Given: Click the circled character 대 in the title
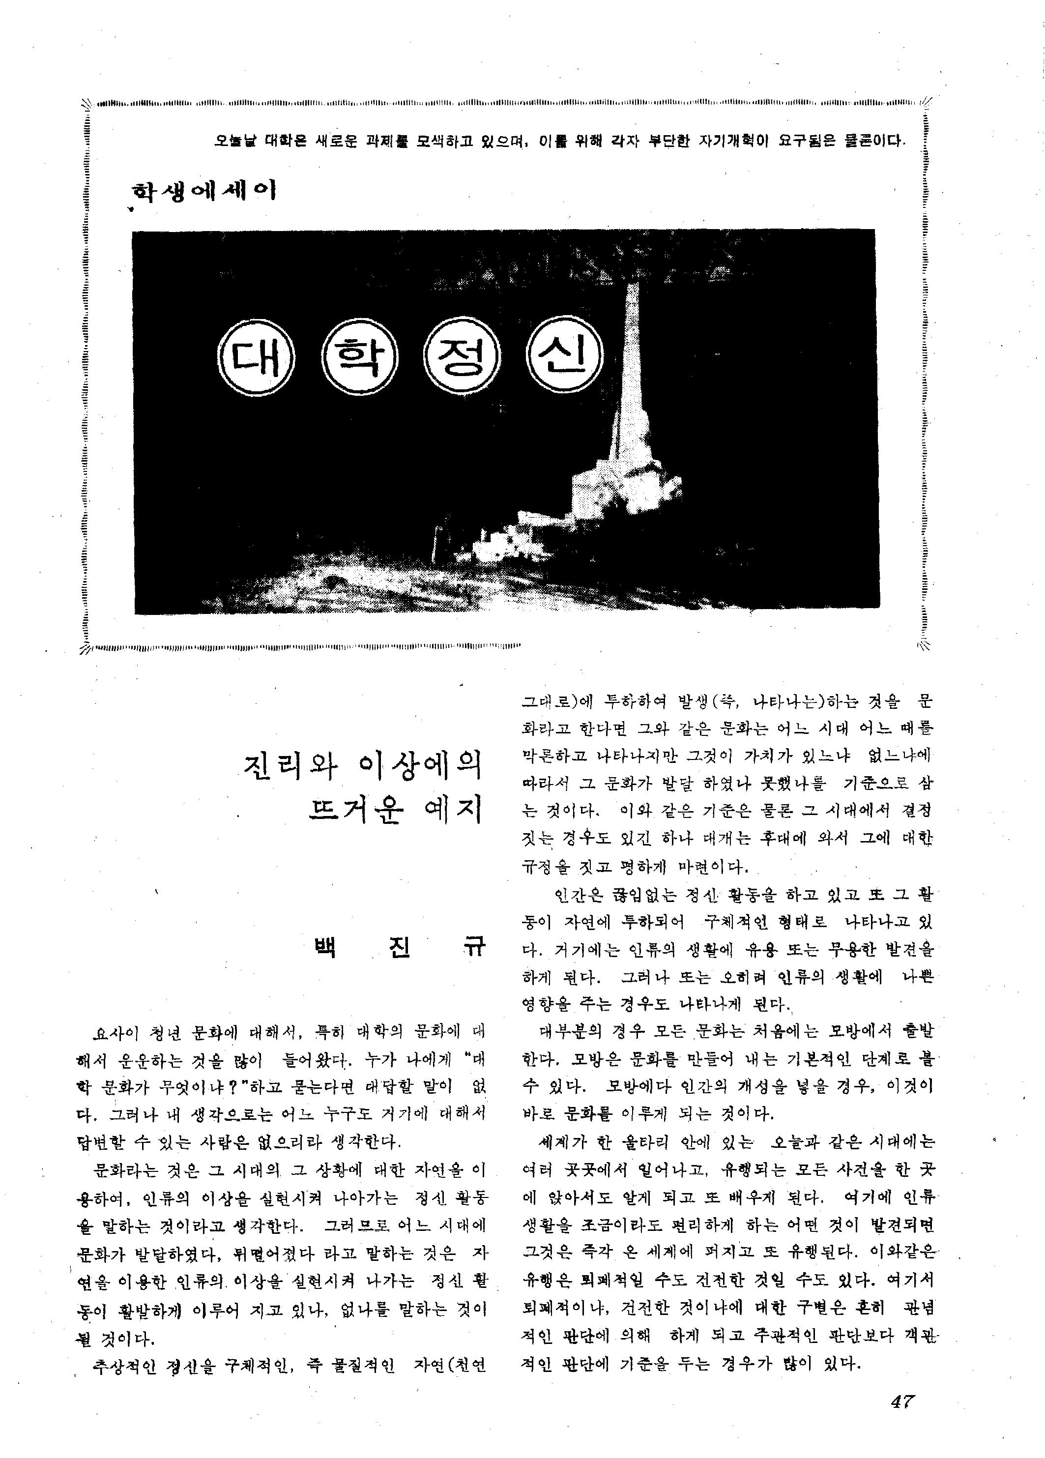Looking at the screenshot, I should tap(256, 361).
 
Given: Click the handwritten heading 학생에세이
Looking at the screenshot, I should tap(203, 191).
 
